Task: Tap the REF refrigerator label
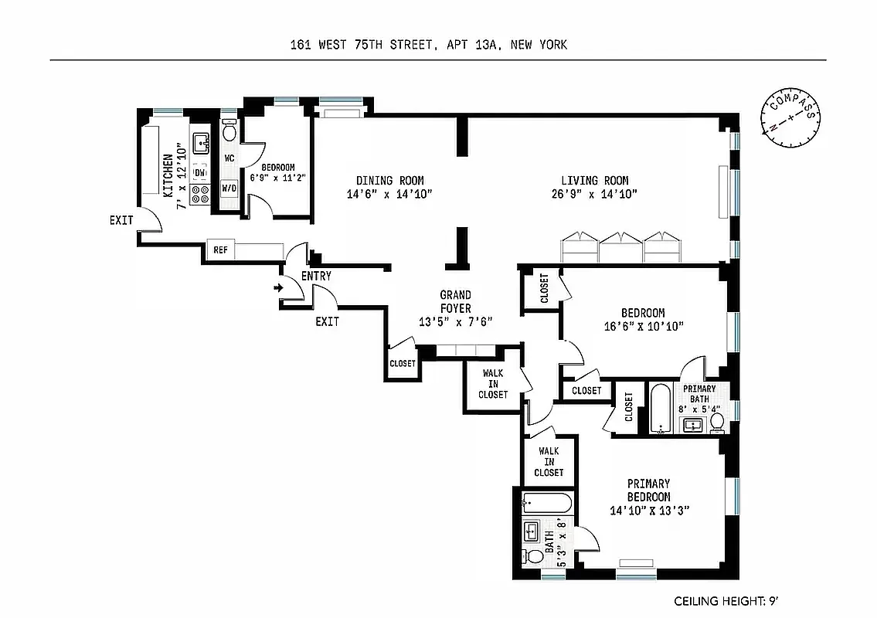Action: pyautogui.click(x=219, y=250)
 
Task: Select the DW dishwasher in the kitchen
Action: pyautogui.click(x=199, y=172)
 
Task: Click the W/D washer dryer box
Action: pyautogui.click(x=229, y=188)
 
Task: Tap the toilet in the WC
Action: pyautogui.click(x=229, y=131)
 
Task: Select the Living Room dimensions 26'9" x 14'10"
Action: pyautogui.click(x=594, y=195)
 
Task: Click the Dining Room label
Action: pyautogui.click(x=379, y=181)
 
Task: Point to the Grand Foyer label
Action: pyautogui.click(x=455, y=301)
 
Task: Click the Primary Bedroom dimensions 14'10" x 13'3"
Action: pyautogui.click(x=648, y=511)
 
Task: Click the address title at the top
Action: pyautogui.click(x=424, y=45)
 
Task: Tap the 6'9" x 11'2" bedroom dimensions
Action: pyautogui.click(x=278, y=178)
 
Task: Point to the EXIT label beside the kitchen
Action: pyautogui.click(x=121, y=220)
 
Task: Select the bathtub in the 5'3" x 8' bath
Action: pyautogui.click(x=546, y=504)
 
